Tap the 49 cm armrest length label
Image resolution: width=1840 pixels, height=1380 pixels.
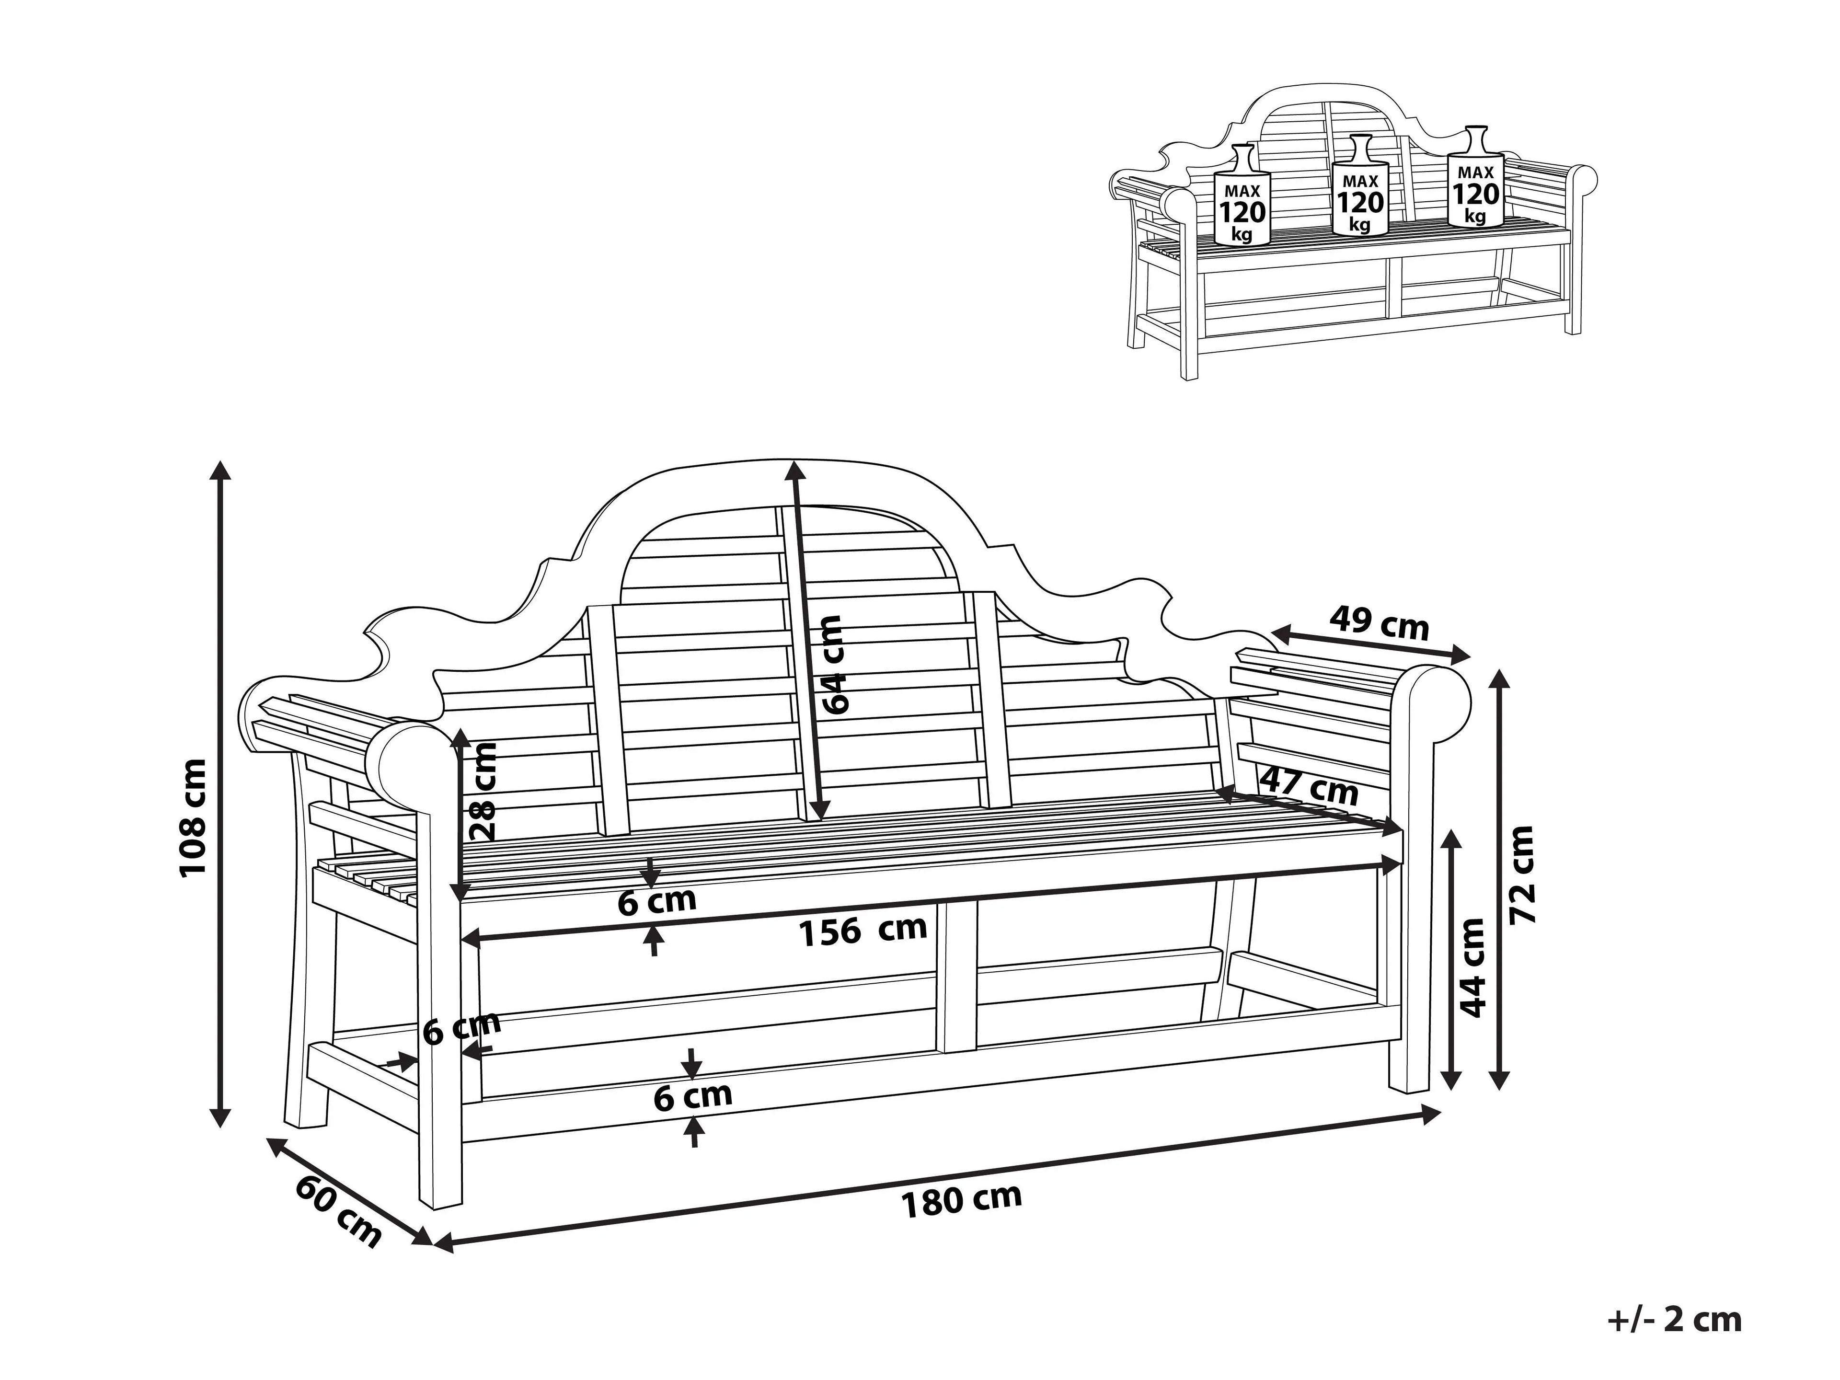pyautogui.click(x=1379, y=623)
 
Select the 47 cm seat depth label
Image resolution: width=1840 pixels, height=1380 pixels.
pyautogui.click(x=1309, y=786)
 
